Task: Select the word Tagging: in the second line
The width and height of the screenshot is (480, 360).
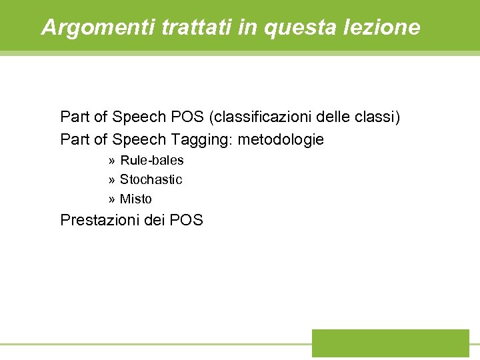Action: tap(202, 140)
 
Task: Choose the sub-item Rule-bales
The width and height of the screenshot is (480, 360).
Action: tap(152, 161)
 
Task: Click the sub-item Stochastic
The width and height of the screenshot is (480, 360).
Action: tap(151, 180)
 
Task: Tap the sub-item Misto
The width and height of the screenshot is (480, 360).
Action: tap(136, 199)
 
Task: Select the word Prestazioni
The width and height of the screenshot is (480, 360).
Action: tap(100, 220)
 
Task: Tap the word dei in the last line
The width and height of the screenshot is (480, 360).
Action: tap(155, 220)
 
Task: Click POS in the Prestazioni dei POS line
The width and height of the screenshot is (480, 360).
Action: tap(187, 220)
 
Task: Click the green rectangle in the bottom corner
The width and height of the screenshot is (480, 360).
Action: tap(391, 343)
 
